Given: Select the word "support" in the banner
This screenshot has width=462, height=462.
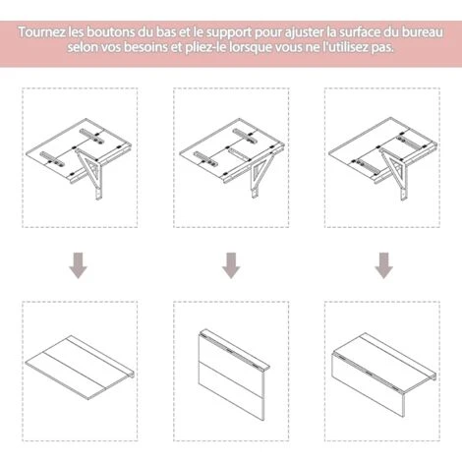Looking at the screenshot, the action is tap(228, 33).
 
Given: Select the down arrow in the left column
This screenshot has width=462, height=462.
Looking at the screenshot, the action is tap(78, 265).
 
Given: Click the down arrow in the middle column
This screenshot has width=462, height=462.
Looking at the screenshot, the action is tap(231, 265).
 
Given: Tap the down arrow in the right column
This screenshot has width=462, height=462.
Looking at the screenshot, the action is tap(383, 265).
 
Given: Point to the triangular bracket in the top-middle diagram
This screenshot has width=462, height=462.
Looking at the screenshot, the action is tap(260, 172).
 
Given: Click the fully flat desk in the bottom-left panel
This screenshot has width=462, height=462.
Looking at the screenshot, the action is tap(81, 368).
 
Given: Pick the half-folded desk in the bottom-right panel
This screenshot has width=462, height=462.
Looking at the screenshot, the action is tap(384, 375).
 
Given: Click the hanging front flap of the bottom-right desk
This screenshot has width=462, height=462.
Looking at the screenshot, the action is tap(369, 385).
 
